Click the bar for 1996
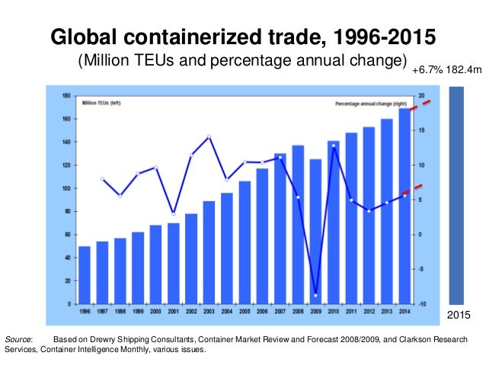[85, 274]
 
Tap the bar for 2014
[404, 206]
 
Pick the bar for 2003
[209, 251]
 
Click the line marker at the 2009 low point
[315, 295]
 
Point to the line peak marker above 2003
[209, 136]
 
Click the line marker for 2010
[333, 146]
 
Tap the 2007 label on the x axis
[280, 311]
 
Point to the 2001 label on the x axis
[173, 311]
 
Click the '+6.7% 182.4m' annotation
[446, 71]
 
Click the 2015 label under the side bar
[456, 314]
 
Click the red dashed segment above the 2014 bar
[422, 104]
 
